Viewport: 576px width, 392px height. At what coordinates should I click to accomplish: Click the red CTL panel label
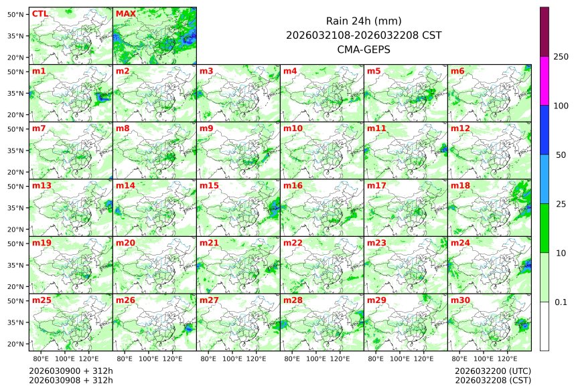coord(40,13)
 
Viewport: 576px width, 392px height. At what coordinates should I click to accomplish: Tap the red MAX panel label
coord(125,13)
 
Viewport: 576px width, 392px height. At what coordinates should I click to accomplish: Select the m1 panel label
coord(39,71)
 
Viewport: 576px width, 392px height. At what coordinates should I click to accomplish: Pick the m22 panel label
coord(293,243)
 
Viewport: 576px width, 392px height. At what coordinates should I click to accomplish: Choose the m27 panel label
coord(209,300)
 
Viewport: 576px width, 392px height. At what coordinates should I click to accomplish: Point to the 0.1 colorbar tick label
coord(561,302)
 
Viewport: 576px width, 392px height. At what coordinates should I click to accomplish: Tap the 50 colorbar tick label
coord(561,155)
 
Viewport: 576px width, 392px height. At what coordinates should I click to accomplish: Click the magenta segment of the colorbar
coord(545,80)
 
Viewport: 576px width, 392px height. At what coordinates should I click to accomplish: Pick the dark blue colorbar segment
coord(545,130)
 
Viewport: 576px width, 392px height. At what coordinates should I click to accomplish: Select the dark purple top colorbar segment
coord(545,31)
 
